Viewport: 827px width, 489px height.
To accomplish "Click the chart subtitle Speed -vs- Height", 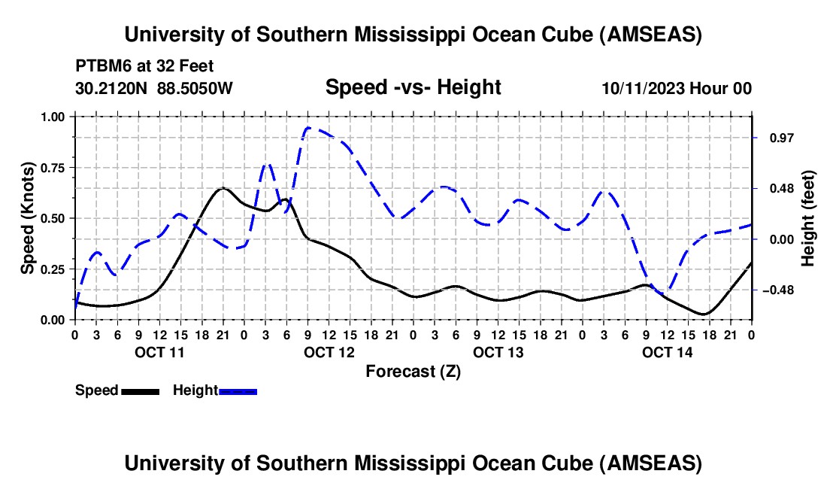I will [x=413, y=87].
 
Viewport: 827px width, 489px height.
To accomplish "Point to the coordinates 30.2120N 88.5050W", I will [x=154, y=88].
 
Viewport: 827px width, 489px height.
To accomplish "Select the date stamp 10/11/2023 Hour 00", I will [x=677, y=88].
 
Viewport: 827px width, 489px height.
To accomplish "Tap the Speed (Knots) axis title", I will [x=27, y=218].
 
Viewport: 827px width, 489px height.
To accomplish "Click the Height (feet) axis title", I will [x=808, y=218].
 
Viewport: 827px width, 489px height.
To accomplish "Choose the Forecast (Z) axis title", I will [x=413, y=371].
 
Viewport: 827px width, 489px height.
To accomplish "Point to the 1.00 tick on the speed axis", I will [x=53, y=117].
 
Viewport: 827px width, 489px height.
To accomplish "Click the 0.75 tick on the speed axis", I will [x=53, y=168].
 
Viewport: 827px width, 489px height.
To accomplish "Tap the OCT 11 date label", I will [x=159, y=352].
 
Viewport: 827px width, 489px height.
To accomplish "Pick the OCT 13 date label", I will [x=498, y=352].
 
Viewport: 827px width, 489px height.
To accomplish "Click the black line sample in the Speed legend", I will [x=140, y=391].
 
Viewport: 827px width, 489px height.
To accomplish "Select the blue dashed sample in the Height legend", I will [x=238, y=391].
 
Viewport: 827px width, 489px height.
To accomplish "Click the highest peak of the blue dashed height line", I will [x=309, y=128].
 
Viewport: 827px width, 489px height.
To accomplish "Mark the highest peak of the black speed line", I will [x=223, y=188].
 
